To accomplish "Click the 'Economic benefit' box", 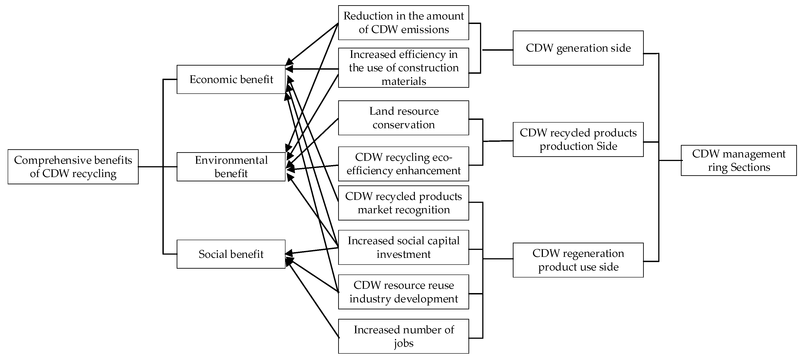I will [x=231, y=79].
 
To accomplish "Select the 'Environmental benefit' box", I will [x=231, y=167].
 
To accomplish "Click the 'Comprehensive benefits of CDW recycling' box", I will [x=73, y=167].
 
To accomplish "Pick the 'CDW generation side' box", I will [x=578, y=48].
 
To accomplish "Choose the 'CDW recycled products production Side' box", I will [x=578, y=139].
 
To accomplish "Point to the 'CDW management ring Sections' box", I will [x=739, y=160].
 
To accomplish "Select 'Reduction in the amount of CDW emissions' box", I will [x=403, y=22].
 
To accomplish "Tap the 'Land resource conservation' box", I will [x=403, y=118].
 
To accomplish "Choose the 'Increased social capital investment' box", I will [x=403, y=247].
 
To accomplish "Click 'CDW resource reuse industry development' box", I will [x=403, y=292].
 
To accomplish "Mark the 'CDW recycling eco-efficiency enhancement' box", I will [x=403, y=164].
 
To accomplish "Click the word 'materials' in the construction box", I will [x=403, y=81].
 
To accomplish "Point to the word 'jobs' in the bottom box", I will [x=403, y=343].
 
